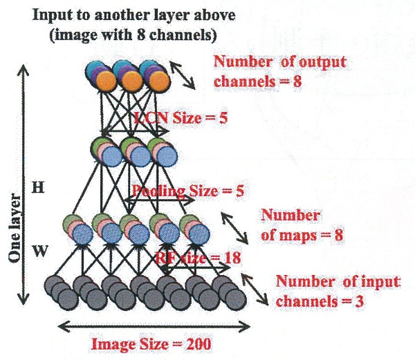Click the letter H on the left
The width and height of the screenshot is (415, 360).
point(39,188)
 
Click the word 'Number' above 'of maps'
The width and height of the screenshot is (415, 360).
point(290,215)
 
